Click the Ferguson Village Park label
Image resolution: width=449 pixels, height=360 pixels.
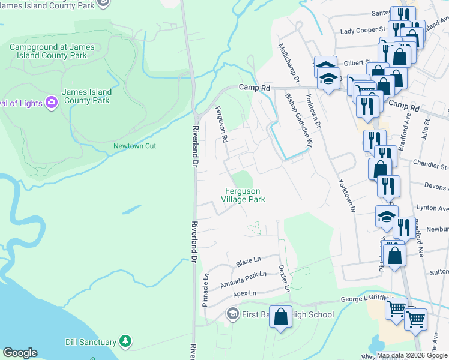click(x=243, y=195)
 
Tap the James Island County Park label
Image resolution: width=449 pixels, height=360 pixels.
click(x=87, y=96)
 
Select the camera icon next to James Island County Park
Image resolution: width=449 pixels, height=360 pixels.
click(x=52, y=103)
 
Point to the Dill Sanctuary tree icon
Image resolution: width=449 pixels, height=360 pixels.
click(x=125, y=342)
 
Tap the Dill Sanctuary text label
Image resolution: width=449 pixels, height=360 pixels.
click(x=91, y=342)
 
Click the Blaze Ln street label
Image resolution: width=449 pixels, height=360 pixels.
click(x=249, y=261)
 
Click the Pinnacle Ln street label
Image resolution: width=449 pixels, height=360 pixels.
click(x=205, y=290)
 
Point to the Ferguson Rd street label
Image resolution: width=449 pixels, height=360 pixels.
click(x=221, y=124)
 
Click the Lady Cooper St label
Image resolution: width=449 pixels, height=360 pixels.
click(x=362, y=30)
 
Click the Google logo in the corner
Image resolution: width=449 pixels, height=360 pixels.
click(x=20, y=353)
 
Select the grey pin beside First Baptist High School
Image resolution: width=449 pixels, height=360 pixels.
click(x=232, y=314)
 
